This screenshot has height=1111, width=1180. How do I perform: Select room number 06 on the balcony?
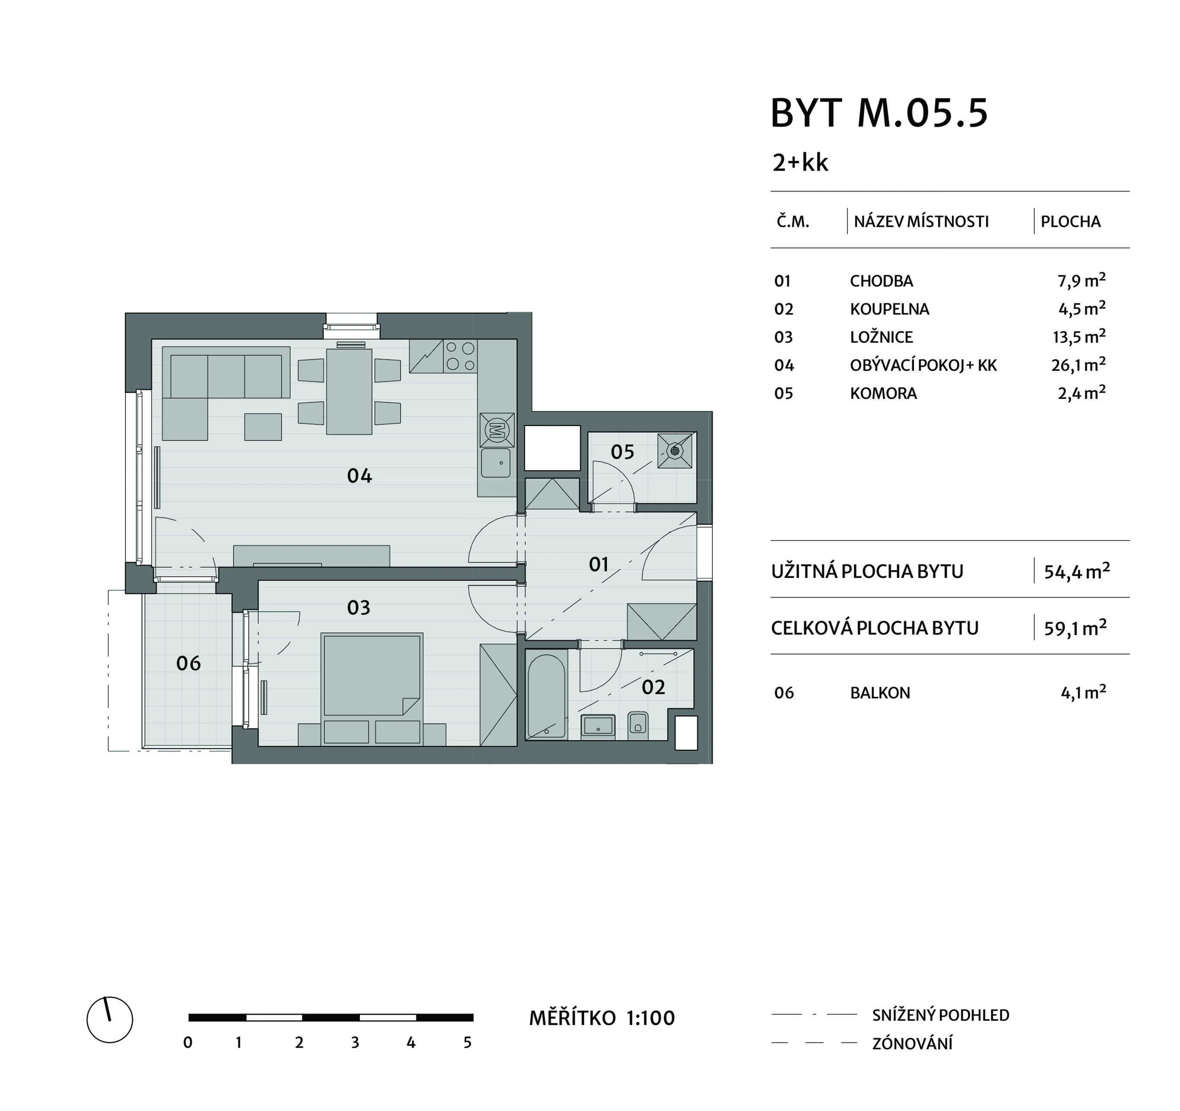tap(188, 663)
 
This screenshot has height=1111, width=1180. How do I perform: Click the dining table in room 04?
tap(349, 391)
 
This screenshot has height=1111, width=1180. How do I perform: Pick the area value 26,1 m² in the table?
tap(1078, 365)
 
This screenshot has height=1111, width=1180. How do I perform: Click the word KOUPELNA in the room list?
tap(889, 309)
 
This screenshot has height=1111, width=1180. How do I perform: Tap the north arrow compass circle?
tap(110, 1020)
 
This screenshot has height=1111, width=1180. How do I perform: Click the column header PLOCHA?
tap(1071, 222)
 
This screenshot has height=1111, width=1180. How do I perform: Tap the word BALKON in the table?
tap(880, 693)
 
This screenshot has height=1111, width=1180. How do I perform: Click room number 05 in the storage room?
tap(622, 452)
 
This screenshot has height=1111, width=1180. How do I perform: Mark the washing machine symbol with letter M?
tap(497, 429)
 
